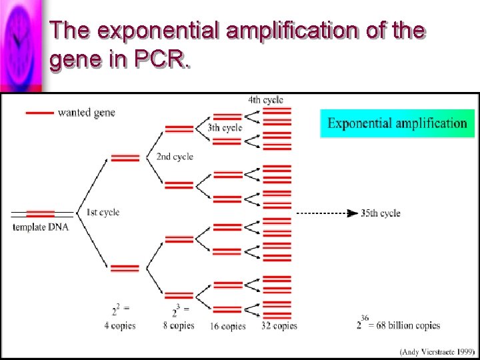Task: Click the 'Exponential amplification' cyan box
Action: (397, 123)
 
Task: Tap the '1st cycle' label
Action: (103, 212)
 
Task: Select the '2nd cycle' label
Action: (175, 157)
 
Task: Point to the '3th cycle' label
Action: (225, 127)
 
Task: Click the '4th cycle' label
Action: (265, 100)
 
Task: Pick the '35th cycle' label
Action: (381, 213)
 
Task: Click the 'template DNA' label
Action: (41, 227)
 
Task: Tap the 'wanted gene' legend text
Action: (87, 113)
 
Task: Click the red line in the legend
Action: (39, 113)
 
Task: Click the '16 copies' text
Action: (227, 326)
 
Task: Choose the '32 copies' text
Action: (279, 326)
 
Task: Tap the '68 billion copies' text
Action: (408, 325)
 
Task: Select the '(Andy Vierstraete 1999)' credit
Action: (436, 351)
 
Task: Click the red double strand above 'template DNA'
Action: (41, 213)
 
